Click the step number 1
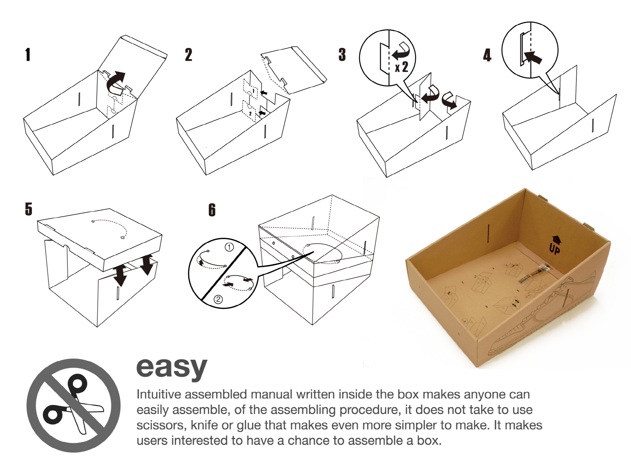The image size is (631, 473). pos(28,55)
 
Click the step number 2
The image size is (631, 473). pos(188,55)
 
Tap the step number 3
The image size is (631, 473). pos(342,55)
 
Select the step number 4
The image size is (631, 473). pos(487,55)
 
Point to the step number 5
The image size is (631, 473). pos(28,209)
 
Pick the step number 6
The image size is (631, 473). pos(212,210)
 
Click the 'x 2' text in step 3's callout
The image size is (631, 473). pos(401,67)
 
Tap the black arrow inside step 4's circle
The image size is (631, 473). pos(533,57)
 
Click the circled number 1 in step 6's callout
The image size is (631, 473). pos(229,247)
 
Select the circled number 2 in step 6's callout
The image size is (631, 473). pos(218,299)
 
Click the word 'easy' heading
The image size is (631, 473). pos(172,368)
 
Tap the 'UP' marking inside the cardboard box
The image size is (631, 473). pos(554,248)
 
